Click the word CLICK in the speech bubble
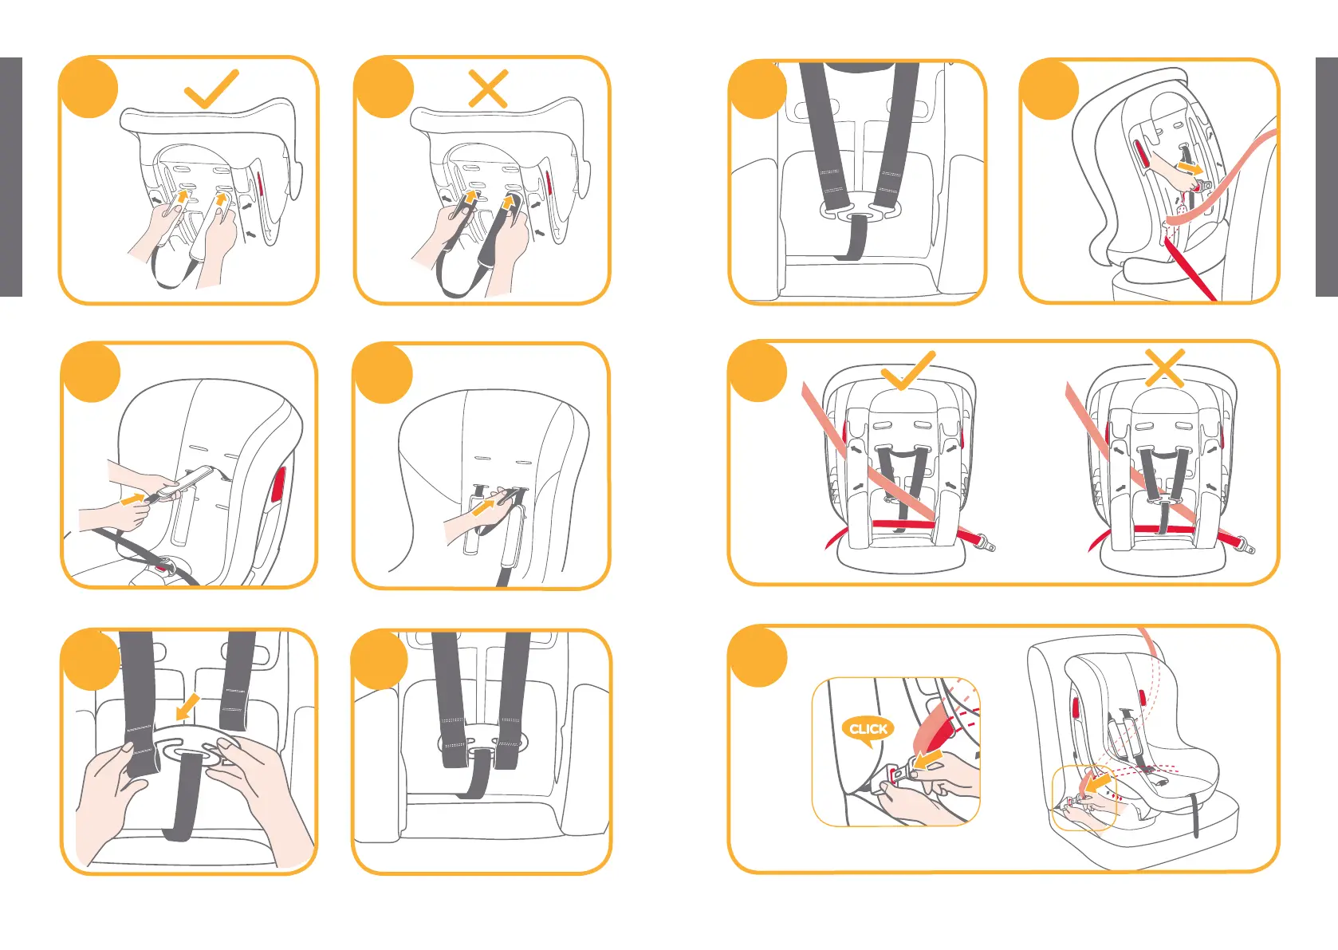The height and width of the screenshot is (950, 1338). point(868,729)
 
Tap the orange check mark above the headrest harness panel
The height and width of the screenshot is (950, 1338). point(211,89)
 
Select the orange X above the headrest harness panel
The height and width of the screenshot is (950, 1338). point(488,89)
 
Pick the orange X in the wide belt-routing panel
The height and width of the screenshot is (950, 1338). point(1165,368)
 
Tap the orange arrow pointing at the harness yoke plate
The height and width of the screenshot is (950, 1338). point(187,707)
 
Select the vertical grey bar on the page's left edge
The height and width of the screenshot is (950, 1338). point(10,177)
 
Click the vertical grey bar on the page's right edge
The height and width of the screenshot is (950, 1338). point(1327,177)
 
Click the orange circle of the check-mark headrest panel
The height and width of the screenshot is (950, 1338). point(89,88)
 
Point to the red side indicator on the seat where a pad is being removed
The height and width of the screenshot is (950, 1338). point(278,484)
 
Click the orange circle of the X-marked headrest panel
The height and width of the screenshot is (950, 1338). point(384,88)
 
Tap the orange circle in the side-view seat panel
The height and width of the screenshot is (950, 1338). point(1049,89)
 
